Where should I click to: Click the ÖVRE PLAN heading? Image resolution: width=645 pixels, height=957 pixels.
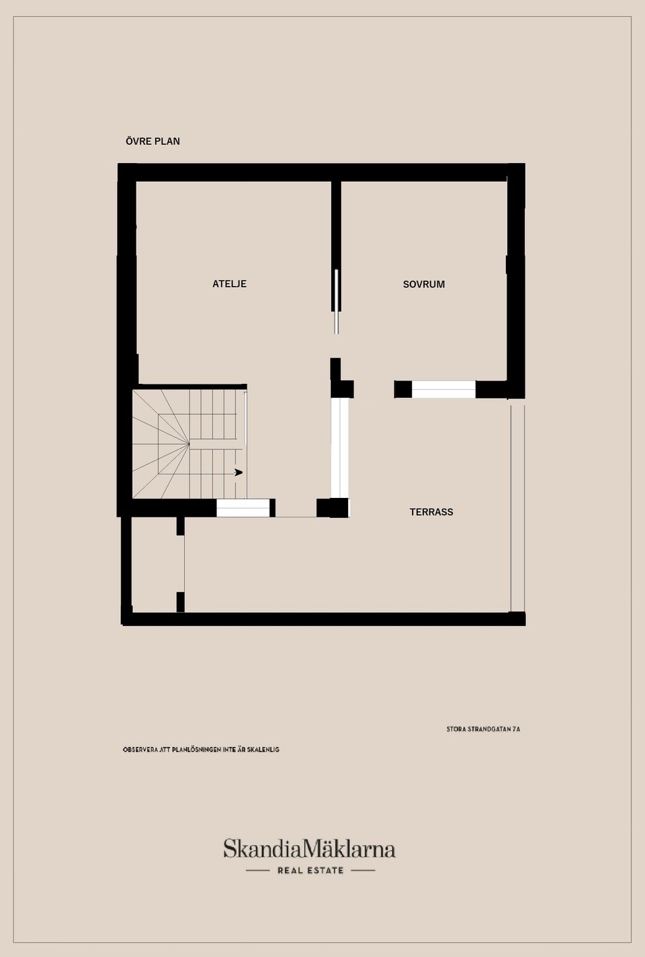[x=153, y=141]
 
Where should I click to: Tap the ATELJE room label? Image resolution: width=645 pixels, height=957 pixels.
[x=229, y=284]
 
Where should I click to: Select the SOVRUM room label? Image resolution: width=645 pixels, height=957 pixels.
[x=423, y=285]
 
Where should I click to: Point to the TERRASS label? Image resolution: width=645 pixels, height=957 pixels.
[x=431, y=512]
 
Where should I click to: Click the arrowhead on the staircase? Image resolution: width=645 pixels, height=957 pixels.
[x=239, y=472]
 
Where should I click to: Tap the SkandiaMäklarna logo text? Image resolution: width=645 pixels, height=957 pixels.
[x=309, y=850]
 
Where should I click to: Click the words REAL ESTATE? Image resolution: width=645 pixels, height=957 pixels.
[x=310, y=870]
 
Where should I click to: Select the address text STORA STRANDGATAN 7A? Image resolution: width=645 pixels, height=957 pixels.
[x=483, y=729]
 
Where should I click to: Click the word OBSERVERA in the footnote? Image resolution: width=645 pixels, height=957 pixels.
[x=140, y=750]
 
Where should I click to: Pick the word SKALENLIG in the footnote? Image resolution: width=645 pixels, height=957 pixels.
[x=263, y=750]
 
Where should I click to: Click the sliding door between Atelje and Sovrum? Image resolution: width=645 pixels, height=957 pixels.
[x=337, y=301]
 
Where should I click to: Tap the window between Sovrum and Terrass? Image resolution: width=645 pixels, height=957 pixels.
[x=443, y=389]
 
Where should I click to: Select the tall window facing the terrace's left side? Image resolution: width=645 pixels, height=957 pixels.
[x=340, y=448]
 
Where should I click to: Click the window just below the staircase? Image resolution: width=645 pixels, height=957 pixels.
[x=243, y=509]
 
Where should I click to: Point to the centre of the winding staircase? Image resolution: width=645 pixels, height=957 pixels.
[x=189, y=444]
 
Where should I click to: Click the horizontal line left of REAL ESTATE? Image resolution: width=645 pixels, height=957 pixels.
[x=257, y=870]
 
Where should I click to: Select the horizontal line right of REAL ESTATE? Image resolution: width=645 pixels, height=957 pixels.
[x=363, y=870]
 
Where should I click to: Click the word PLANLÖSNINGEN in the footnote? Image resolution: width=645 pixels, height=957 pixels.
[x=197, y=750]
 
